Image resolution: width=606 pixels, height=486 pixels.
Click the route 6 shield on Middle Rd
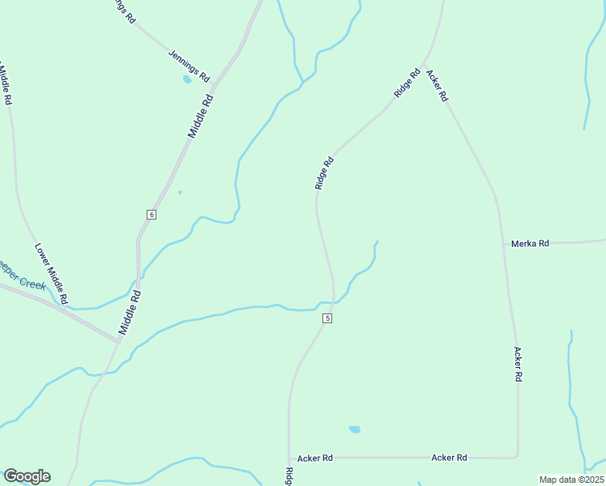[151, 214]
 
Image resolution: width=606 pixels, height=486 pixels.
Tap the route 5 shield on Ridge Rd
[327, 318]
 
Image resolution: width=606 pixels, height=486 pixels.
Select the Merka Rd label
[530, 243]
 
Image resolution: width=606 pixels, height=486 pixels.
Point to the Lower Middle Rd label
[50, 273]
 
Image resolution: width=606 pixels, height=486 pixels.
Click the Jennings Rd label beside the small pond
[189, 66]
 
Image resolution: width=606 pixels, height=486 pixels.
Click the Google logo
[27, 476]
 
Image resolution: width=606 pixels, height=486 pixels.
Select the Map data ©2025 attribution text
[571, 480]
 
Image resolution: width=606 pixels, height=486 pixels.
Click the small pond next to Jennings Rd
[187, 79]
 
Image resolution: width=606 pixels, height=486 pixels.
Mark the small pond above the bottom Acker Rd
[354, 429]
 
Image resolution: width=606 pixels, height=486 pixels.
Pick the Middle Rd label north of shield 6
[201, 115]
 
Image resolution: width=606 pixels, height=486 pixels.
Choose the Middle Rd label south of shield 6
[130, 313]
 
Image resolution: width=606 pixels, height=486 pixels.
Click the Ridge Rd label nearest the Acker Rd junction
[407, 84]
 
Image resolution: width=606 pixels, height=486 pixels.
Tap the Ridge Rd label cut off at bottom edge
[288, 476]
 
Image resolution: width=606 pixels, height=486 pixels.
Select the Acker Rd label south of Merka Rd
[518, 365]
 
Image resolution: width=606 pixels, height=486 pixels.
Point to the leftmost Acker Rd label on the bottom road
[315, 458]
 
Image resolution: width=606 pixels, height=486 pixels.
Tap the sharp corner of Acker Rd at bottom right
[517, 456]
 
